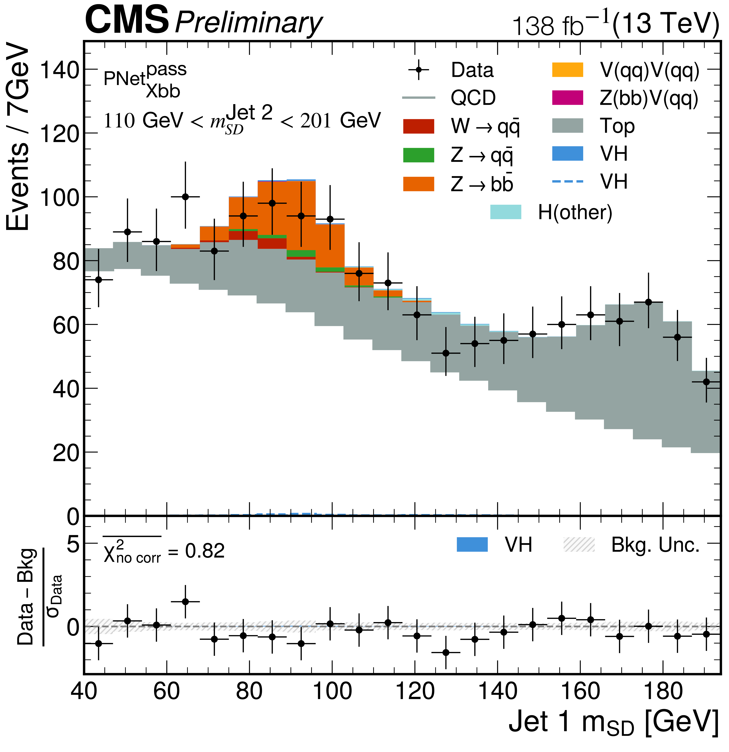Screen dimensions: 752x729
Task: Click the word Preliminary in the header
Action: click(x=248, y=23)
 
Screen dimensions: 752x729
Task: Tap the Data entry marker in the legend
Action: click(x=419, y=70)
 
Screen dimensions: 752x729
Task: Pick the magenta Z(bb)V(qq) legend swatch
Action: click(x=568, y=98)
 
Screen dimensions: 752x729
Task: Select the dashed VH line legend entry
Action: click(x=568, y=182)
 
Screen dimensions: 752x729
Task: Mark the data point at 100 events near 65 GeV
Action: click(x=185, y=197)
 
